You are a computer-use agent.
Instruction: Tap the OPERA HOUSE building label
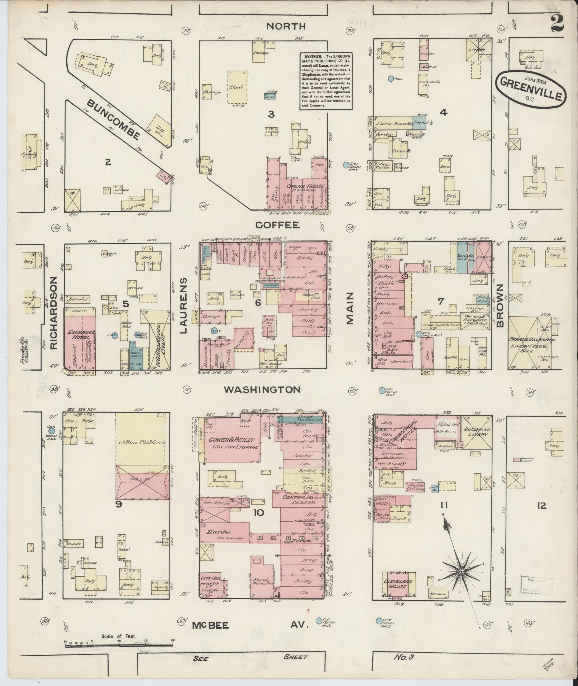click(305, 186)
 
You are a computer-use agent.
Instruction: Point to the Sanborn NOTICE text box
click(326, 81)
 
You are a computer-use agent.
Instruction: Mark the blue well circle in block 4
click(391, 78)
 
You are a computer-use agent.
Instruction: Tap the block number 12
click(541, 506)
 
